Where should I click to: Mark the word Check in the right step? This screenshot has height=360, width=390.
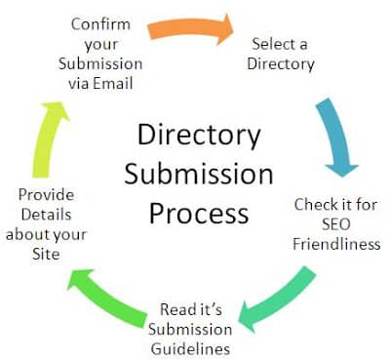click(315, 205)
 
